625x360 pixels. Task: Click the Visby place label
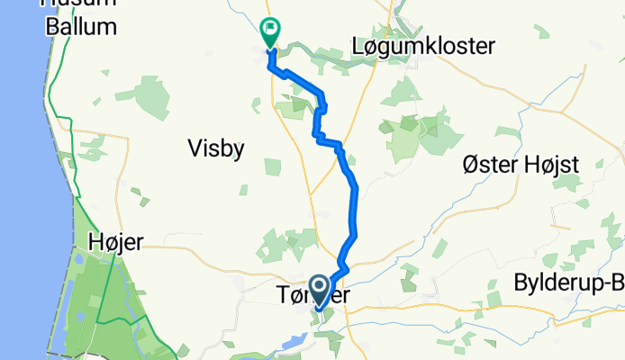[x=215, y=148]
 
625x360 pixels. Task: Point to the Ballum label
[x=81, y=26]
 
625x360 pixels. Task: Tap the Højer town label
[x=116, y=240]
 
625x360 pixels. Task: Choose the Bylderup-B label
[x=567, y=283]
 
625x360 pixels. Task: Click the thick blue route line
[x=354, y=207]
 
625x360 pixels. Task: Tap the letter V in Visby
[x=192, y=148]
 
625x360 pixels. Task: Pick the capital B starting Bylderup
[x=520, y=283]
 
